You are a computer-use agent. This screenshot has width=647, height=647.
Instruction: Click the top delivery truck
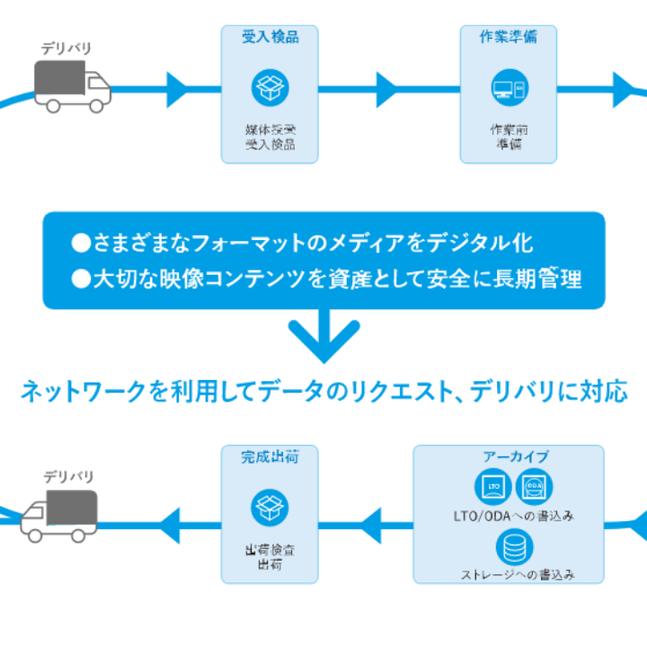coord(73,85)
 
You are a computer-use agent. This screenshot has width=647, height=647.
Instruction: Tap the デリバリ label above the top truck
coord(66,48)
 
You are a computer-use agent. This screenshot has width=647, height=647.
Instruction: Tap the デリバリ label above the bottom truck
coord(67,475)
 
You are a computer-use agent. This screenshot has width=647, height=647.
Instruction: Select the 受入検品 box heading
coord(270,37)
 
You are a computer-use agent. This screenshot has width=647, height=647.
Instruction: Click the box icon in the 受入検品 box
coord(270,88)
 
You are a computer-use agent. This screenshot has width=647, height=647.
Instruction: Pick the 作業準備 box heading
coord(509,37)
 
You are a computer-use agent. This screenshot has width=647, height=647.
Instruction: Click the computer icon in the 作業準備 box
coord(509,88)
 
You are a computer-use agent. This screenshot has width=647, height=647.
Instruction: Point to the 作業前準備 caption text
coord(509,137)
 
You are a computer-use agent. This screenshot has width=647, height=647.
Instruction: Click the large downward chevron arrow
coord(323,337)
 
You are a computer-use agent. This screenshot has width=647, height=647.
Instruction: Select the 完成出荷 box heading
coord(270,456)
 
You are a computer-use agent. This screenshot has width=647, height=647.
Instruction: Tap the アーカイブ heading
coord(516,456)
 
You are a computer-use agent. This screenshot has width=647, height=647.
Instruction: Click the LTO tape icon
coord(492,487)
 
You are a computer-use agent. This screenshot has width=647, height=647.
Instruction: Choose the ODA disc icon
coord(535,487)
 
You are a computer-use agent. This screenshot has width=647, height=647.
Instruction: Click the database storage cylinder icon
coord(514,545)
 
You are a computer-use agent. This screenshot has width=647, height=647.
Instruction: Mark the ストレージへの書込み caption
coord(518,572)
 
